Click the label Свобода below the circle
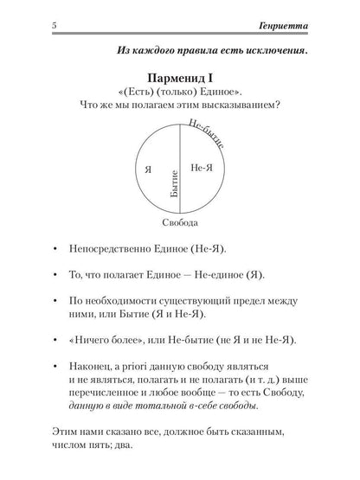coord(180,222)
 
